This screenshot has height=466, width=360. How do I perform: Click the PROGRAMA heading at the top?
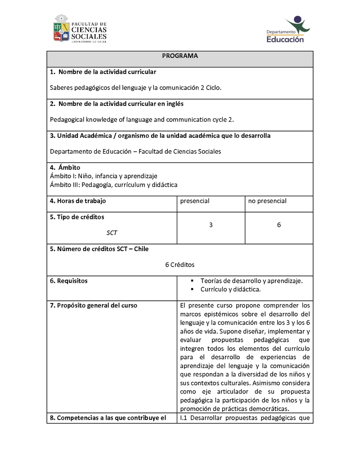pos(180,56)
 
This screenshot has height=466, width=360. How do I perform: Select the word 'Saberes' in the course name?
pos(61,88)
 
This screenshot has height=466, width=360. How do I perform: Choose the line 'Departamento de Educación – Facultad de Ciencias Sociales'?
pos(135,151)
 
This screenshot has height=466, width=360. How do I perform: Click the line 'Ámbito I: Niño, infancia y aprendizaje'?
pos(103,176)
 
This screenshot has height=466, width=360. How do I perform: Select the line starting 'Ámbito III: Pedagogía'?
pos(113,185)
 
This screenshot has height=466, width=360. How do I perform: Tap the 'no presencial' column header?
pos(267,201)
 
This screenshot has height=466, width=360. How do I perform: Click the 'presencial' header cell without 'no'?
pos(195,201)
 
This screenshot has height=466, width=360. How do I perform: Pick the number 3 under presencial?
pos(211,225)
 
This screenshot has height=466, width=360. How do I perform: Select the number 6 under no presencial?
pos(279,225)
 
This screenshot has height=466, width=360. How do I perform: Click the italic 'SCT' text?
pos(112,233)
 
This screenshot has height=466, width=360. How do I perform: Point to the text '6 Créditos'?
pos(180,265)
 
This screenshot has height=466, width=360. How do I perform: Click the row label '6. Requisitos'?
pos(69,281)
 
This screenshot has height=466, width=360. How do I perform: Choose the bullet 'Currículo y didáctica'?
pos(230,289)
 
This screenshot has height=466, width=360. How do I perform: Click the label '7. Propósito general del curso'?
pos(94,305)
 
